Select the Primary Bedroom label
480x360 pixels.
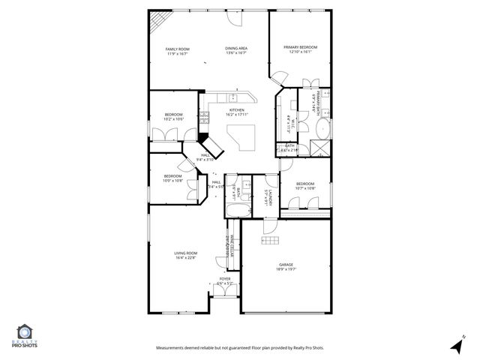[300, 47]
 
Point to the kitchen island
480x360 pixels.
[243, 136]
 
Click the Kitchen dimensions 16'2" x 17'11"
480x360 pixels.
[237, 114]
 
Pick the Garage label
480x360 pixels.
[286, 264]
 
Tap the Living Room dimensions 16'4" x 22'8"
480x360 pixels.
[185, 258]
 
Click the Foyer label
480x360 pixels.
[224, 278]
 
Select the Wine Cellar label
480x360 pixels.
[232, 247]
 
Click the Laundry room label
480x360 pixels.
[268, 196]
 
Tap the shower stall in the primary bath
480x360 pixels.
[321, 148]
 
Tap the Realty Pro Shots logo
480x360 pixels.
[25, 336]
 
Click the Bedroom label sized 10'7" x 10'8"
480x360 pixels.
[304, 184]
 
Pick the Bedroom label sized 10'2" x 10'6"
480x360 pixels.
[173, 115]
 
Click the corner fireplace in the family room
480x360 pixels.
[157, 22]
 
